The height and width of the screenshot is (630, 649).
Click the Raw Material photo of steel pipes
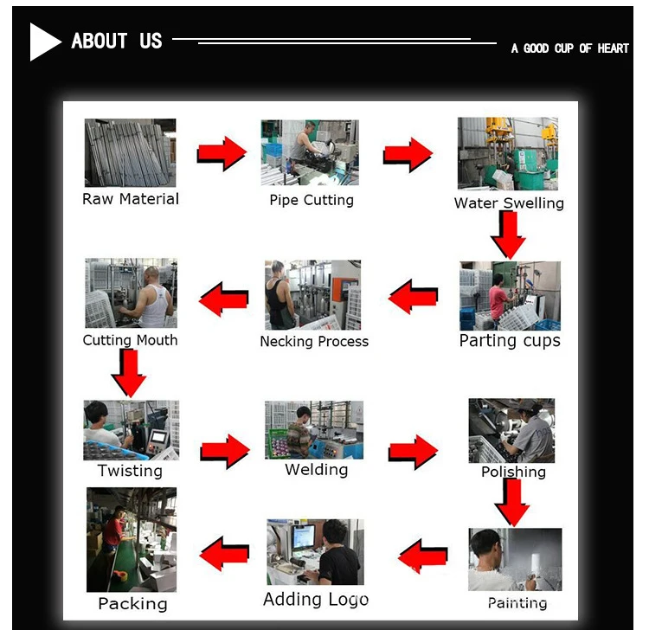pos(130,152)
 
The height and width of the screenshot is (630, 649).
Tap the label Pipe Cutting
pos(312,200)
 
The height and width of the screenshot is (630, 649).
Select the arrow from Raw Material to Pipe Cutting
pos(222,153)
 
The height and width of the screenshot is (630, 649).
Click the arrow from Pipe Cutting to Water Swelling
pos(408,154)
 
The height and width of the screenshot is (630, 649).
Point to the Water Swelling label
pos(509,202)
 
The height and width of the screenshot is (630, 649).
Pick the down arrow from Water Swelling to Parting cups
pos(509,235)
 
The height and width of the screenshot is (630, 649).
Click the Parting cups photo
pos(510,296)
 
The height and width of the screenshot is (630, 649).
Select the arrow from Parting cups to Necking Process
pos(413,296)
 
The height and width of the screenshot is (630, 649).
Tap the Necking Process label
pos(314,342)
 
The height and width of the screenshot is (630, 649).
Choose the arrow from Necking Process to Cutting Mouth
pos(223,299)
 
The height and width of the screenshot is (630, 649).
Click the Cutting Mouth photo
pos(131,293)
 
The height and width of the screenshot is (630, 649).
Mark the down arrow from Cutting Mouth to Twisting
pos(129,373)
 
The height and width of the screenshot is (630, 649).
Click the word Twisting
pos(130,471)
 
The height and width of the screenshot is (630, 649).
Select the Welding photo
pos(314,429)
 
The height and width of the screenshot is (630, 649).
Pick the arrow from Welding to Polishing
pos(413,452)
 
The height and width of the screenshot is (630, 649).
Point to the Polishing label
pos(513,472)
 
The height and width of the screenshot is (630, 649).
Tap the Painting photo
pos(515,559)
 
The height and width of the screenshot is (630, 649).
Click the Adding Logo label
pos(316,599)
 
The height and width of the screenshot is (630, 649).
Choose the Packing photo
pos(132,539)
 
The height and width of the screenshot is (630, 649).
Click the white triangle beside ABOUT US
pos(43,42)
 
